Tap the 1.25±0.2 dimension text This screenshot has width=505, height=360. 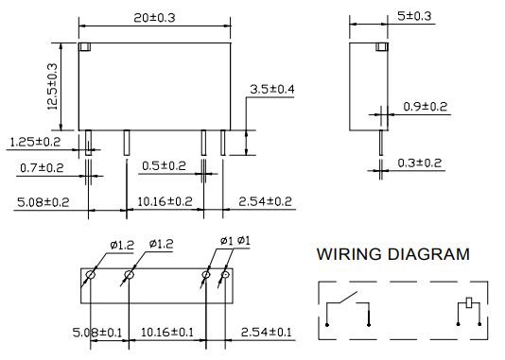pyautogui.click(x=35, y=141)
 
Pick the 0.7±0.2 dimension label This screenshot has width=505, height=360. pyautogui.click(x=44, y=168)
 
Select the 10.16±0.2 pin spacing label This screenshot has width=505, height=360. pyautogui.click(x=165, y=201)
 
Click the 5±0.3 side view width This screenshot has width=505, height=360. pyautogui.click(x=388, y=15)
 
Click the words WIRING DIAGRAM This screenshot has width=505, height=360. pyautogui.click(x=392, y=254)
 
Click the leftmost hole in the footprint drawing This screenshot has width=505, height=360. pyautogui.click(x=89, y=276)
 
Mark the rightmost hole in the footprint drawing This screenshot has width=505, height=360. pyautogui.click(x=225, y=276)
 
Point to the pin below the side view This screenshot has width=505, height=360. pyautogui.click(x=383, y=142)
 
